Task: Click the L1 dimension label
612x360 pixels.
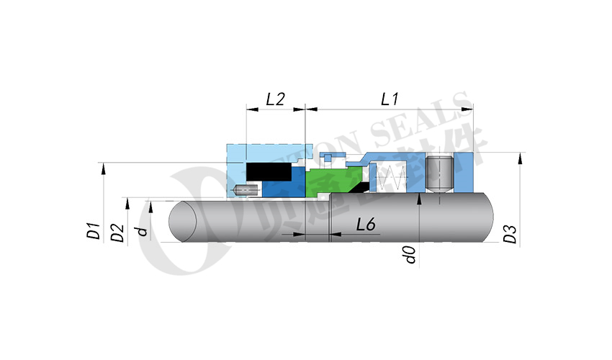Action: click(390, 99)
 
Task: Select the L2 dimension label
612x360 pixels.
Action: click(275, 99)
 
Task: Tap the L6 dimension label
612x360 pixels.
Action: click(366, 225)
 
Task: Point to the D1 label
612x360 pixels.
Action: click(92, 231)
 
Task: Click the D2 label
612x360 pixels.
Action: click(117, 232)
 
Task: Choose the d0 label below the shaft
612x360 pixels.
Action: click(410, 253)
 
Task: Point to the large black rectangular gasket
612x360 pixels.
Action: click(268, 171)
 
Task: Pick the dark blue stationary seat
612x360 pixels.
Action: click(281, 187)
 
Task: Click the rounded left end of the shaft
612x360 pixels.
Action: click(180, 222)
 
